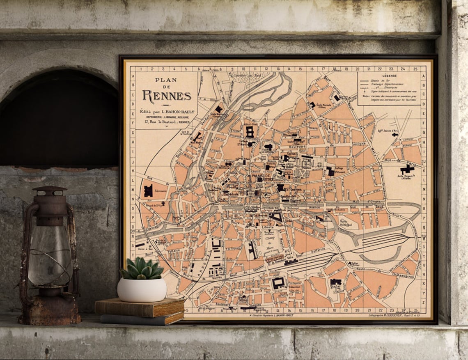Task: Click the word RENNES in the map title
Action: pyautogui.click(x=167, y=96)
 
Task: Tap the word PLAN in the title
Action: pyautogui.click(x=166, y=80)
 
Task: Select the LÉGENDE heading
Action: pyautogui.click(x=389, y=76)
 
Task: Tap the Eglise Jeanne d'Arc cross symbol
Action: pyautogui.click(x=395, y=134)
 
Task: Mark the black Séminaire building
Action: pyautogui.click(x=148, y=190)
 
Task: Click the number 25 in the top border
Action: pyautogui.click(x=415, y=69)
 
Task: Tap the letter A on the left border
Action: pyautogui.click(x=133, y=76)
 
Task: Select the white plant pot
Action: pyautogui.click(x=142, y=289)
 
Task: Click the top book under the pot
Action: pyautogui.click(x=140, y=307)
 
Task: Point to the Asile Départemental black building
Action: pyautogui.click(x=407, y=169)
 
